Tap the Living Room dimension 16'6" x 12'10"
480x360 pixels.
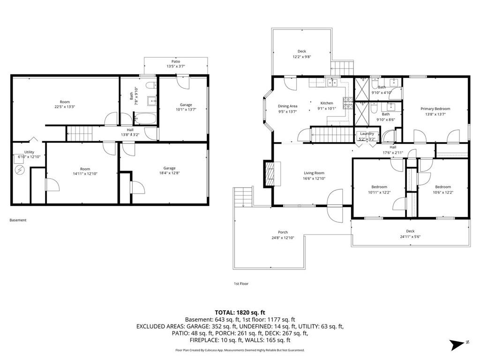pyautogui.click(x=313, y=179)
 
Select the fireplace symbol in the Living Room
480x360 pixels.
pyautogui.click(x=271, y=174)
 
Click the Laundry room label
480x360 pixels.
pyautogui.click(x=367, y=134)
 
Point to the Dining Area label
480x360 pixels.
pyautogui.click(x=287, y=106)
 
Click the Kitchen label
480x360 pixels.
pyautogui.click(x=326, y=103)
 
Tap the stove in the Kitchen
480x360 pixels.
pyautogui.click(x=347, y=102)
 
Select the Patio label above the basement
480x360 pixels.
pyautogui.click(x=175, y=61)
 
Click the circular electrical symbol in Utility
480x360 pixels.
pyautogui.click(x=20, y=169)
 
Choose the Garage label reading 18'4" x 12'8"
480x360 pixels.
pyautogui.click(x=169, y=168)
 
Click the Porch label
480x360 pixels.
pyautogui.click(x=283, y=232)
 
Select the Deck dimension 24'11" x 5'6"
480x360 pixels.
pyautogui.click(x=410, y=237)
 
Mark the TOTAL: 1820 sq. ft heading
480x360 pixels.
pyautogui.click(x=240, y=312)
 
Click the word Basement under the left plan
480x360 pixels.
pyautogui.click(x=18, y=220)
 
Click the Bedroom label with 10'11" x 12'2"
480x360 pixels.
pyautogui.click(x=379, y=187)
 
